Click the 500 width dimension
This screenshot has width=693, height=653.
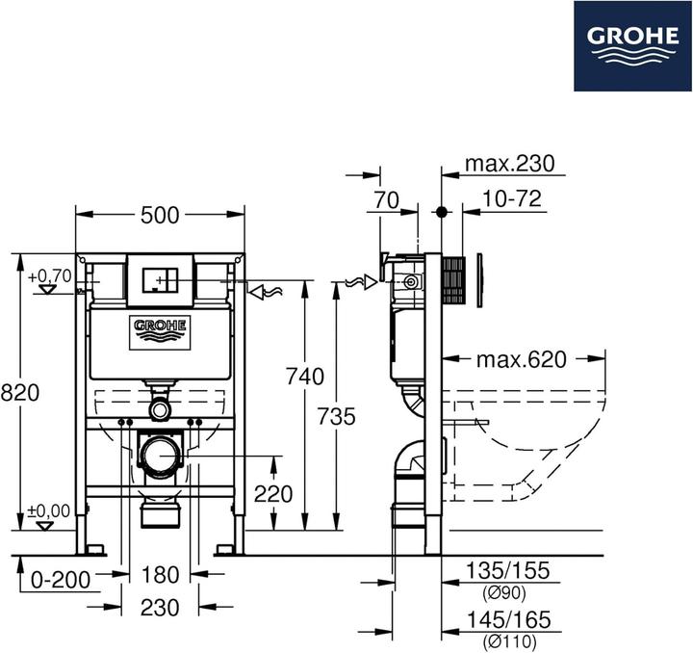click(x=160, y=215)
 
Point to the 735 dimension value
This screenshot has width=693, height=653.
click(x=336, y=416)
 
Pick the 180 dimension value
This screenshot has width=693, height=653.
click(x=161, y=575)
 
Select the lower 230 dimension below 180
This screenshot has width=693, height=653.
click(x=160, y=609)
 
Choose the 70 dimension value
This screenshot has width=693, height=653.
click(x=387, y=200)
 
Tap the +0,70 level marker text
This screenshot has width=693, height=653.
click(x=49, y=276)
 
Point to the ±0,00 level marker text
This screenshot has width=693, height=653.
click(x=48, y=510)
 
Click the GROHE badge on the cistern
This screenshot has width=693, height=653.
click(x=160, y=331)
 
